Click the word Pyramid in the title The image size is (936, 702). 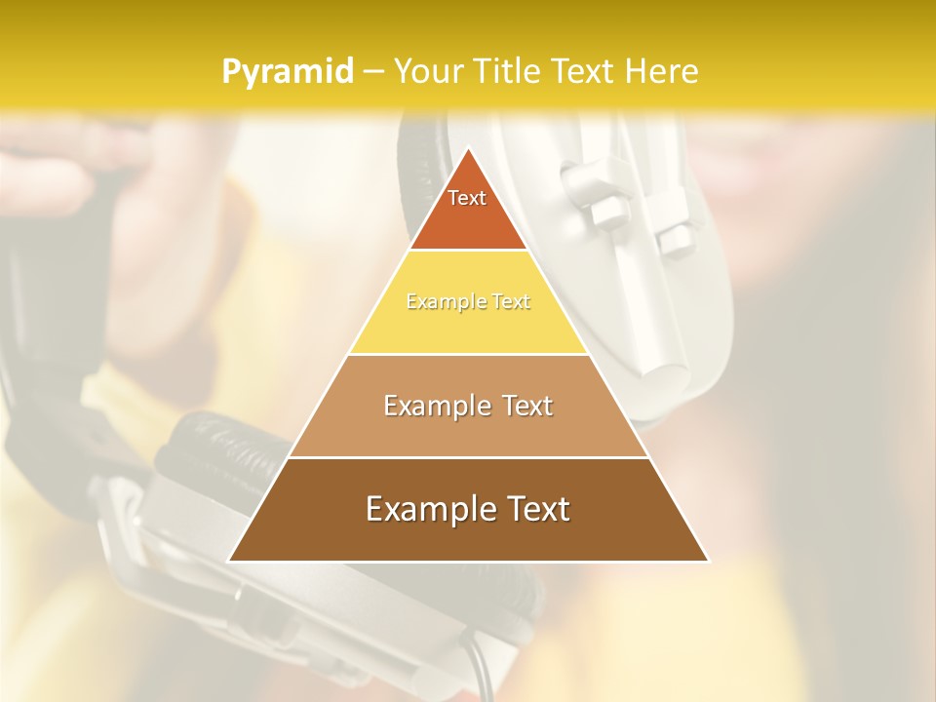tap(287, 71)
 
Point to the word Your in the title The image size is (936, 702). tap(427, 71)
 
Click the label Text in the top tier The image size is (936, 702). tap(467, 198)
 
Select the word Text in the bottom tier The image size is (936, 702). tap(536, 509)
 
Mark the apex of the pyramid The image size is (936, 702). tap(468, 149)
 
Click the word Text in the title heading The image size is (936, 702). tap(582, 71)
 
